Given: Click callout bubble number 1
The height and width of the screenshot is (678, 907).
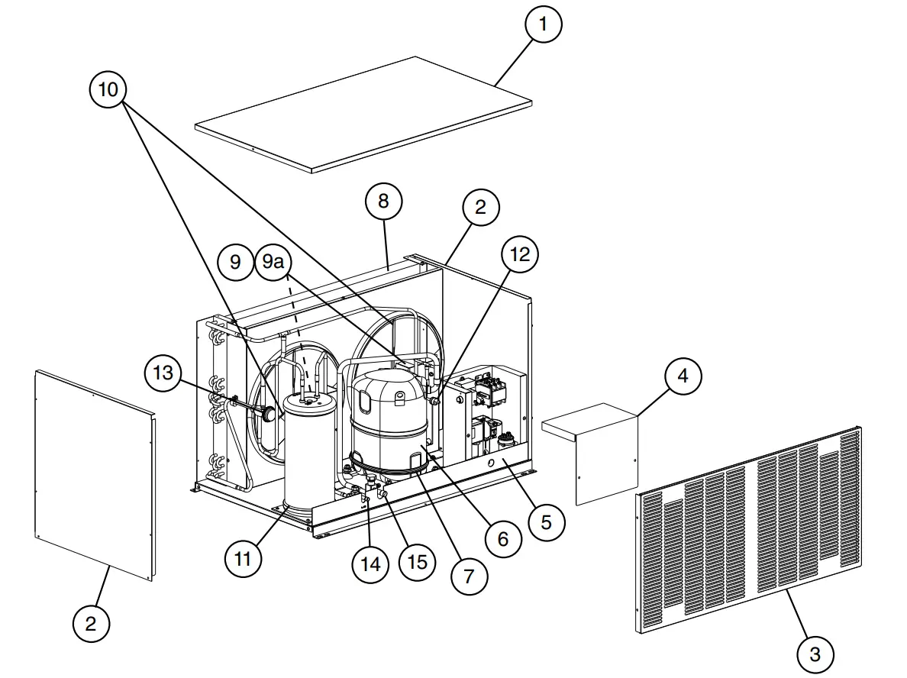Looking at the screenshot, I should coord(543,24).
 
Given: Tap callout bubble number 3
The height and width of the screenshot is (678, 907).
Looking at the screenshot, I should coord(815,654).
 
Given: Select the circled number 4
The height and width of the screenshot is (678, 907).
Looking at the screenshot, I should coord(683,376).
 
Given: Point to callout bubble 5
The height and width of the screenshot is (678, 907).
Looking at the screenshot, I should coord(546,521).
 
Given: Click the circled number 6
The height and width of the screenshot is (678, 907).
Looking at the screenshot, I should coord(502,539).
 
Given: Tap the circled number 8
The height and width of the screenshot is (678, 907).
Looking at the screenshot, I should coord(383,201).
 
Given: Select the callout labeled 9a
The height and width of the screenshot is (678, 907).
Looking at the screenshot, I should coord(273,262).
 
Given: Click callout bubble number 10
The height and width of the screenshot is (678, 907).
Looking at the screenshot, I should coord(108,89).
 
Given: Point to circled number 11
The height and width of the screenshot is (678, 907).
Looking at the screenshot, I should coord(243,559).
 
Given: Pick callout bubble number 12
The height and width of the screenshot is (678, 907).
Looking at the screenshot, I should coord(520,254).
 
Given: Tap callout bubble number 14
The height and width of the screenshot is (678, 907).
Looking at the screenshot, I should coord(370,563).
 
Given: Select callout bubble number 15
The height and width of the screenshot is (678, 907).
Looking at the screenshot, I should coord(418,562).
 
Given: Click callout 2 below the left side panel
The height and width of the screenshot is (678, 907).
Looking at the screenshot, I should coord(91,624).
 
